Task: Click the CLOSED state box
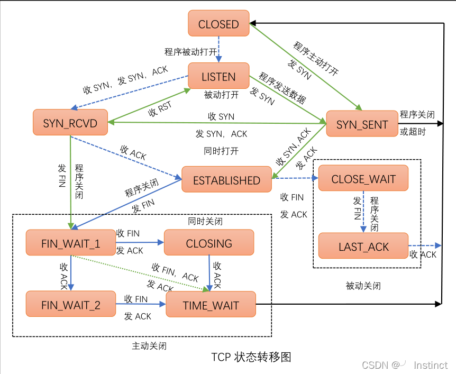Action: pyautogui.click(x=218, y=24)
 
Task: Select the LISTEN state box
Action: pyautogui.click(x=218, y=76)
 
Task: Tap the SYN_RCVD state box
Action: pyautogui.click(x=70, y=123)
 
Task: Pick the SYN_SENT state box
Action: pyautogui.click(x=362, y=125)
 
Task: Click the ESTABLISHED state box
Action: pyautogui.click(x=226, y=180)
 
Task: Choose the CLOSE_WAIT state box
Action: pyautogui.click(x=363, y=179)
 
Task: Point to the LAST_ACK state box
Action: pyautogui.click(x=363, y=247)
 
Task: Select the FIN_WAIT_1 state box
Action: pyautogui.click(x=70, y=243)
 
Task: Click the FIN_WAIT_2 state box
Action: pyautogui.click(x=70, y=305)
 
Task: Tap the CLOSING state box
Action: pyautogui.click(x=209, y=243)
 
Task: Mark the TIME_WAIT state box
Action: pyautogui.click(x=211, y=305)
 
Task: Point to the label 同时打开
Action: pyautogui.click(x=221, y=151)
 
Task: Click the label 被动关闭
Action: pyautogui.click(x=363, y=286)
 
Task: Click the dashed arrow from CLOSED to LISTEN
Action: pyautogui.click(x=219, y=50)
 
